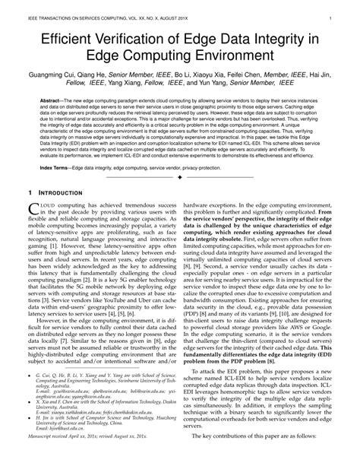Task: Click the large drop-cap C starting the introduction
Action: pos(32,234)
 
